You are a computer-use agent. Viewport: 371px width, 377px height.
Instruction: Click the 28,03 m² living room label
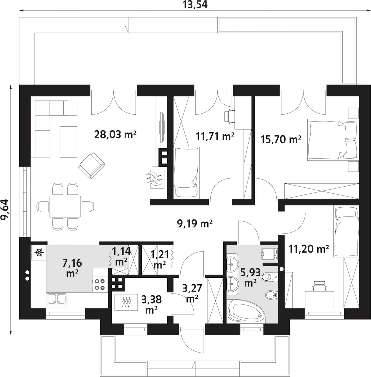coord(115,134)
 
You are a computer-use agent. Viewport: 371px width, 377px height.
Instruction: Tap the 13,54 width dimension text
coord(195,5)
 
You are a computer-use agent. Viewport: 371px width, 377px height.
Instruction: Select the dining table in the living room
coord(65,206)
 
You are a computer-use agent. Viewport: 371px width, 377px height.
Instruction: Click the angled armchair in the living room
coord(91,166)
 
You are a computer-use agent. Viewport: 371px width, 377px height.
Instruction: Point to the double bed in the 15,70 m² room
coord(332,139)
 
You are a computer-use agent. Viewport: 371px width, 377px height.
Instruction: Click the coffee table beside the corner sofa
coord(68,142)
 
